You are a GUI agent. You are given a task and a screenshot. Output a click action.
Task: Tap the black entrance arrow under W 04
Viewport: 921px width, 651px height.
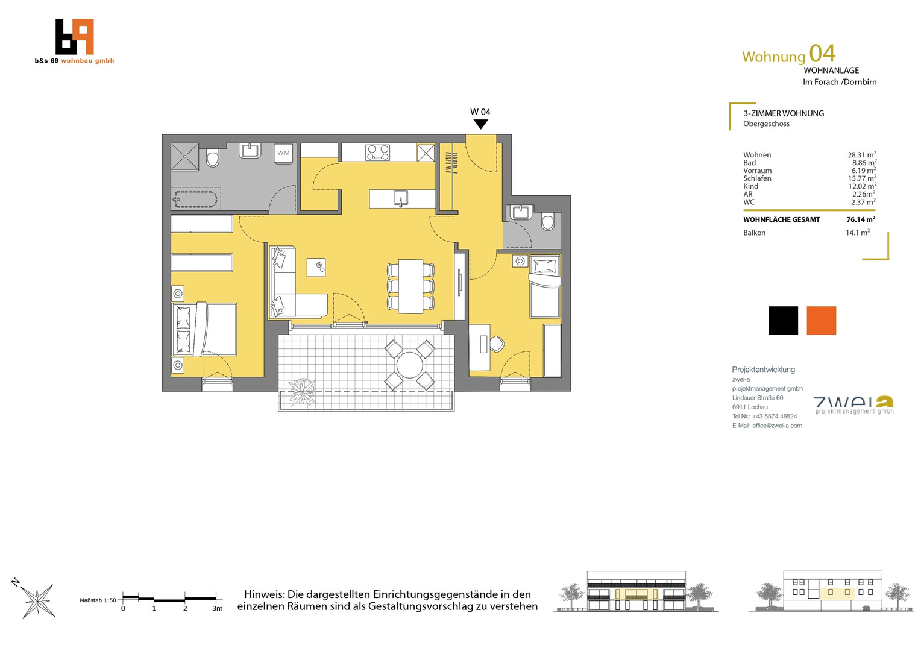[x=480, y=124]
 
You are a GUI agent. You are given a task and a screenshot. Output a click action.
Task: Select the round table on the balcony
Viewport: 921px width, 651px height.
[x=409, y=365]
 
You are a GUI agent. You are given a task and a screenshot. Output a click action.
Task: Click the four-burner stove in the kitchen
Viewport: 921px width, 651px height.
[x=378, y=153]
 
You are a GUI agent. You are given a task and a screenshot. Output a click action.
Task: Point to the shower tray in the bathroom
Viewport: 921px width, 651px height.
[x=184, y=157]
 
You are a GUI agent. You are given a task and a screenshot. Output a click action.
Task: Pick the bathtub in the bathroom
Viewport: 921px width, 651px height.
[x=195, y=200]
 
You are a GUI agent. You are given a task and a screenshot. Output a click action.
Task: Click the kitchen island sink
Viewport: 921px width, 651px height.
[x=400, y=199]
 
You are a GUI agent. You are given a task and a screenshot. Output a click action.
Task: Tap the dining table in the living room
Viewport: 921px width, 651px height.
[x=410, y=286]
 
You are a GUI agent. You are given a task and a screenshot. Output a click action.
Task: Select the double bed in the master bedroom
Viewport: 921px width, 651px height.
[x=204, y=329]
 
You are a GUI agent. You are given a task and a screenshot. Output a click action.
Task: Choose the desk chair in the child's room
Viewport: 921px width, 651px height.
[x=497, y=344]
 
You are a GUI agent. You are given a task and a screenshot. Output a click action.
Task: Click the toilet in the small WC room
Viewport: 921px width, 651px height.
[x=548, y=221]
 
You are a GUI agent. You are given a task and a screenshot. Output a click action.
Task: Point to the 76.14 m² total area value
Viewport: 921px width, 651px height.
[x=861, y=219]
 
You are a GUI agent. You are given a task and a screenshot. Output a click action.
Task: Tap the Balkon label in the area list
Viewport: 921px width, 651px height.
[x=754, y=233]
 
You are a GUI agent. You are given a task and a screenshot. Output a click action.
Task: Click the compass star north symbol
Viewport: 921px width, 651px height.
[x=37, y=601]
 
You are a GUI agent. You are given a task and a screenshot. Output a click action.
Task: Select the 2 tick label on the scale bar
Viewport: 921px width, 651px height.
[x=185, y=609]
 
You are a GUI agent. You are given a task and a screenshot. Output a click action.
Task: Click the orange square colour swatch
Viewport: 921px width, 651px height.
[x=821, y=320]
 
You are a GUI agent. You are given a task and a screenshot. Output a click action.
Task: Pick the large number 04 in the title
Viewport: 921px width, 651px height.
[x=822, y=54]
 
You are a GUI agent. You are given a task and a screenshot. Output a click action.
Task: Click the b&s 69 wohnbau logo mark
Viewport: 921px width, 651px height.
[x=74, y=37]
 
